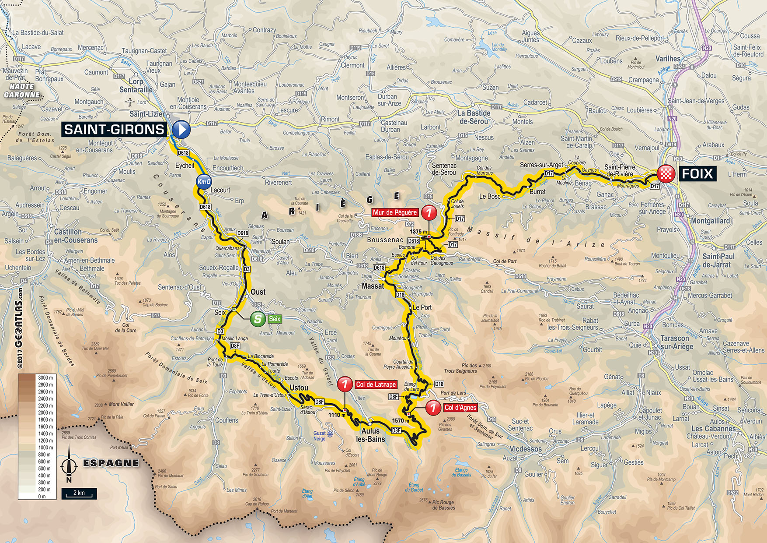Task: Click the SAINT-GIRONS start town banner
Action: [x=114, y=129]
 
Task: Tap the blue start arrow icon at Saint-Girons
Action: [x=181, y=130]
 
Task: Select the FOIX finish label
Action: [x=697, y=174]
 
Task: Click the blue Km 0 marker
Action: [x=204, y=182]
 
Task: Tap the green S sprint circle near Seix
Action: [x=258, y=319]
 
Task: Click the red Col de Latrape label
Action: [x=376, y=384]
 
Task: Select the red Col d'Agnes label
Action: [x=460, y=408]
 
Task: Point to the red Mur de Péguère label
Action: [x=395, y=212]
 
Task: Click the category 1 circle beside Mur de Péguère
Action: [x=429, y=212]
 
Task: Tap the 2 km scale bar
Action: [x=79, y=494]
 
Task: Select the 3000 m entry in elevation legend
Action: [x=45, y=377]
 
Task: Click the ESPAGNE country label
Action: [x=111, y=463]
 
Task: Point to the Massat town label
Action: [x=373, y=286]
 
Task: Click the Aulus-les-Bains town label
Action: [x=370, y=435]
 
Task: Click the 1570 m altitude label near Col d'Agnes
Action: [x=400, y=421]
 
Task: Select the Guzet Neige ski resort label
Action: [x=320, y=436]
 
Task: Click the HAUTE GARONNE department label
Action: [x=22, y=91]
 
